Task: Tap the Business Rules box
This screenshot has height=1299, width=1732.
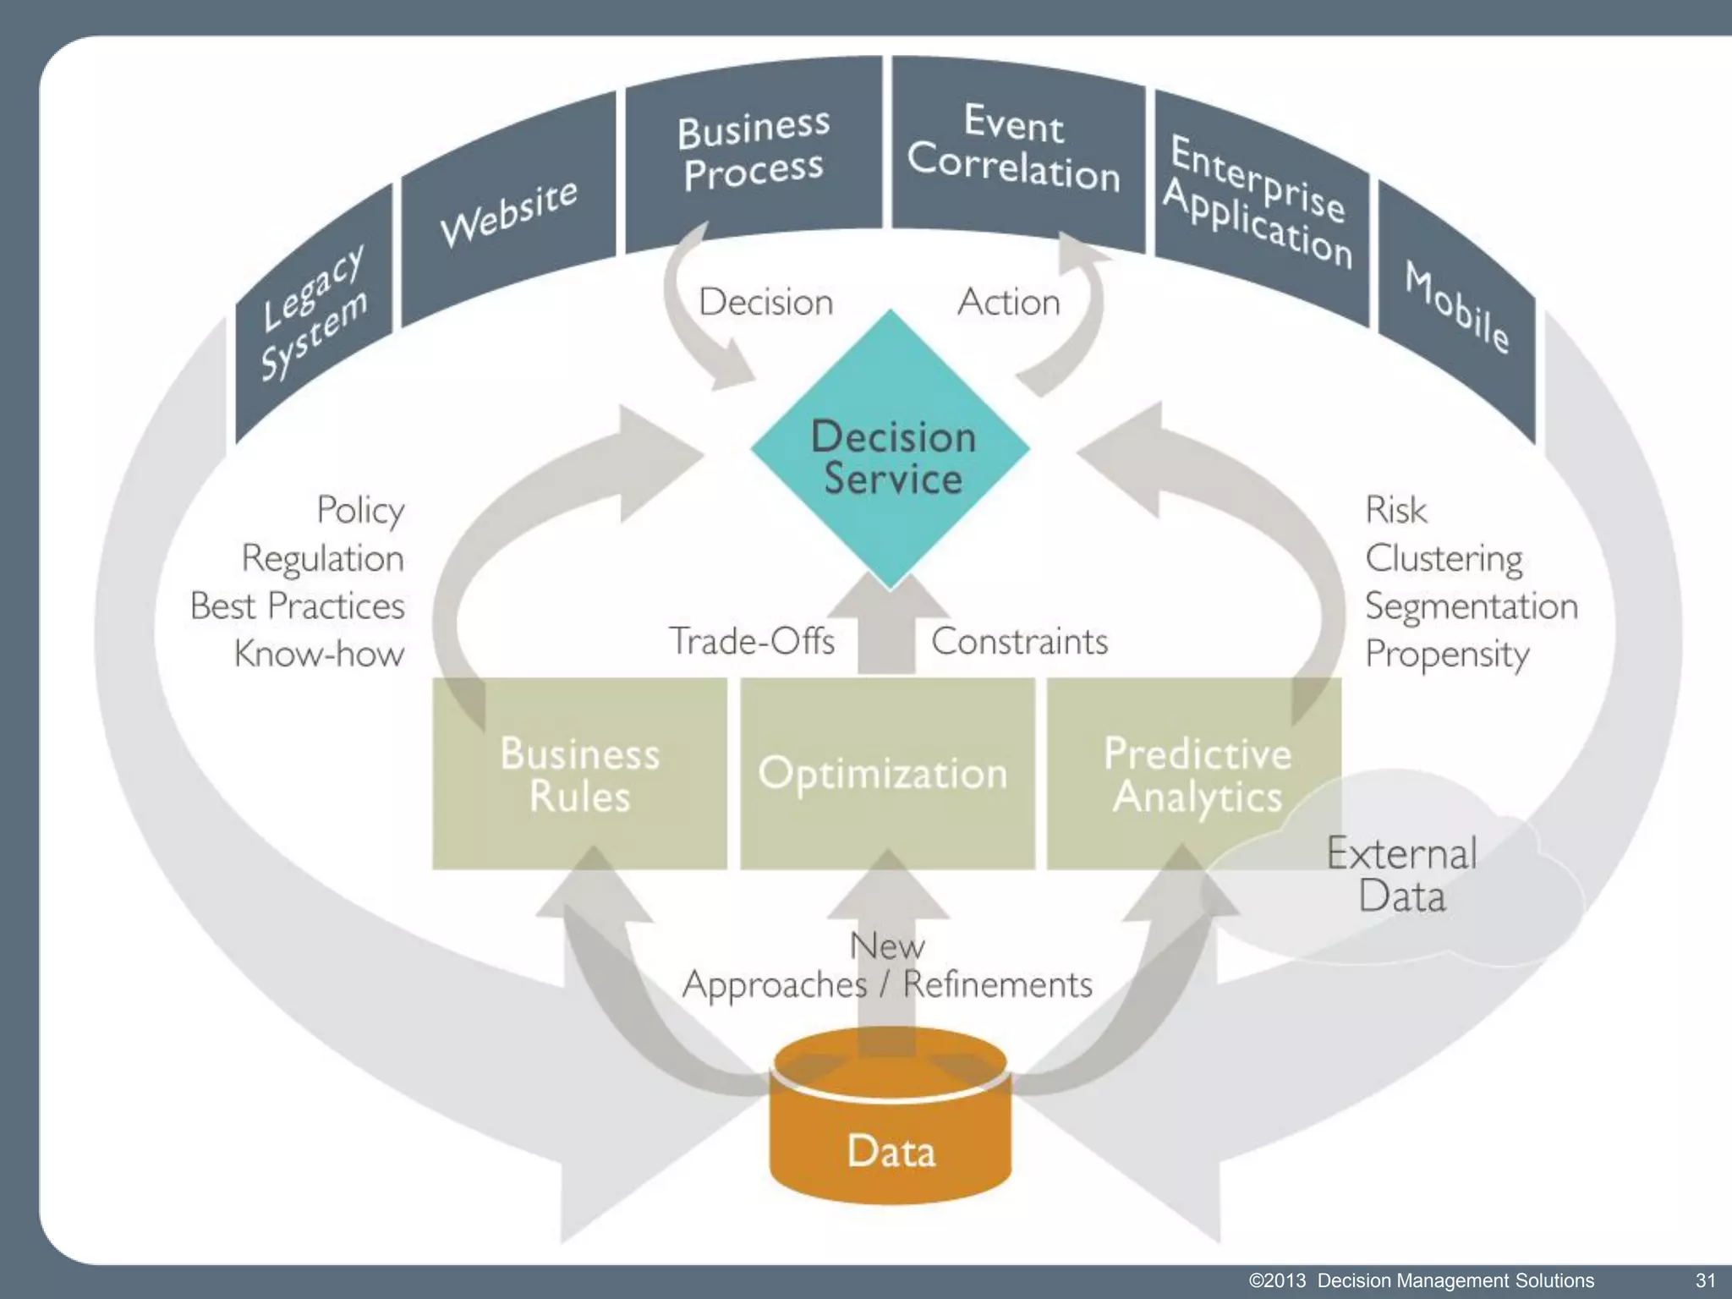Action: pyautogui.click(x=579, y=774)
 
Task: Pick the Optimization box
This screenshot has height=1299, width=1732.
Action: pyautogui.click(x=885, y=774)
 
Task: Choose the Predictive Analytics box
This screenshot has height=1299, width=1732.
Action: pyautogui.click(x=1194, y=774)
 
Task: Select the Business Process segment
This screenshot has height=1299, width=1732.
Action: pyautogui.click(x=752, y=152)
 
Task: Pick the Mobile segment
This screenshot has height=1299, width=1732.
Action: pyautogui.click(x=1456, y=309)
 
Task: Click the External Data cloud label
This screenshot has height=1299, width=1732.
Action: pyautogui.click(x=1401, y=874)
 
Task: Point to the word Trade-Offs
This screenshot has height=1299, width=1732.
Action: pyautogui.click(x=751, y=641)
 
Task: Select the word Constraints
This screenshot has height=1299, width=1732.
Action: pyautogui.click(x=1019, y=641)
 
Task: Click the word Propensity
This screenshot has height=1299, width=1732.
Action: pyautogui.click(x=1447, y=655)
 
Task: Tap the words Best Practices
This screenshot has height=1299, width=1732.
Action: pyautogui.click(x=298, y=606)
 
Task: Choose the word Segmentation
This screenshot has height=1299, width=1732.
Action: pyautogui.click(x=1471, y=606)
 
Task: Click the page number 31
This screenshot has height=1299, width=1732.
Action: pyautogui.click(x=1704, y=1280)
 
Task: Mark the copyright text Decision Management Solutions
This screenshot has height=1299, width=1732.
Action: pyautogui.click(x=1455, y=1280)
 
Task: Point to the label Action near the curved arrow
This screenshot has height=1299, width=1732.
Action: pyautogui.click(x=1008, y=302)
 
